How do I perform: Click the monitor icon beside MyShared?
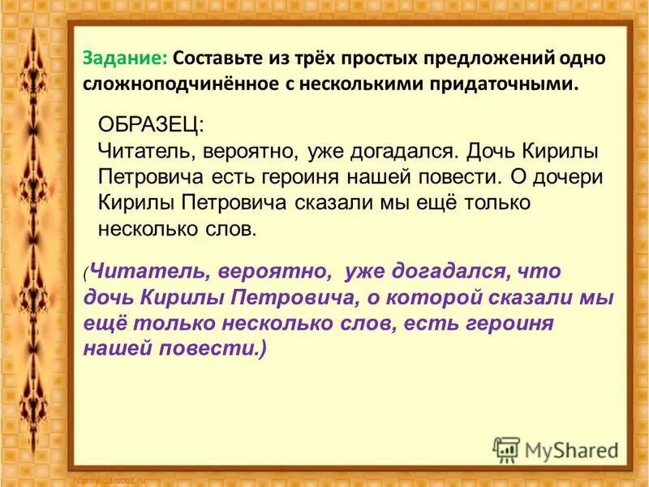[x=505, y=449]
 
